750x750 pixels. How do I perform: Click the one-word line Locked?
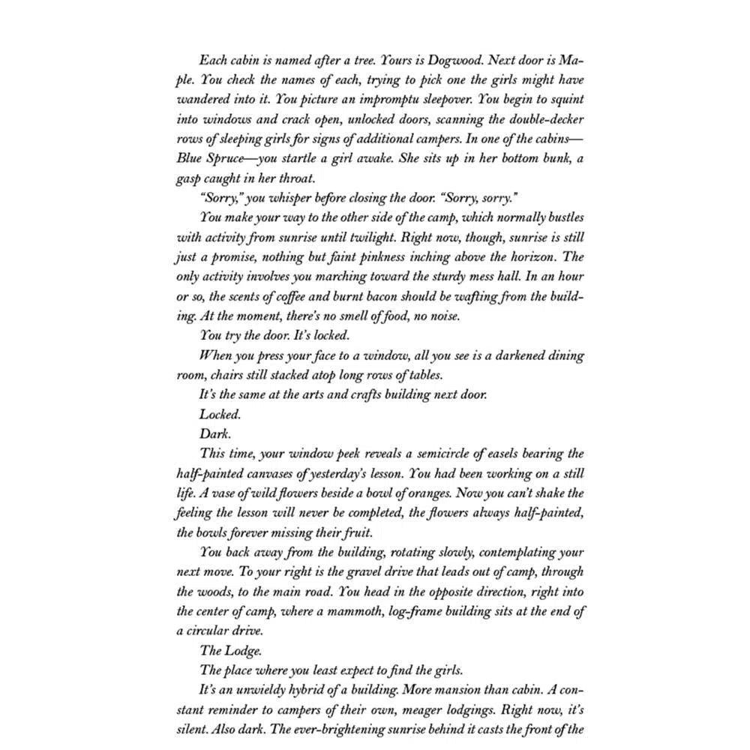pyautogui.click(x=218, y=413)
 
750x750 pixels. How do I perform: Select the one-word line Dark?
pyautogui.click(x=214, y=433)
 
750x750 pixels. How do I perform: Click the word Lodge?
pyautogui.click(x=241, y=649)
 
